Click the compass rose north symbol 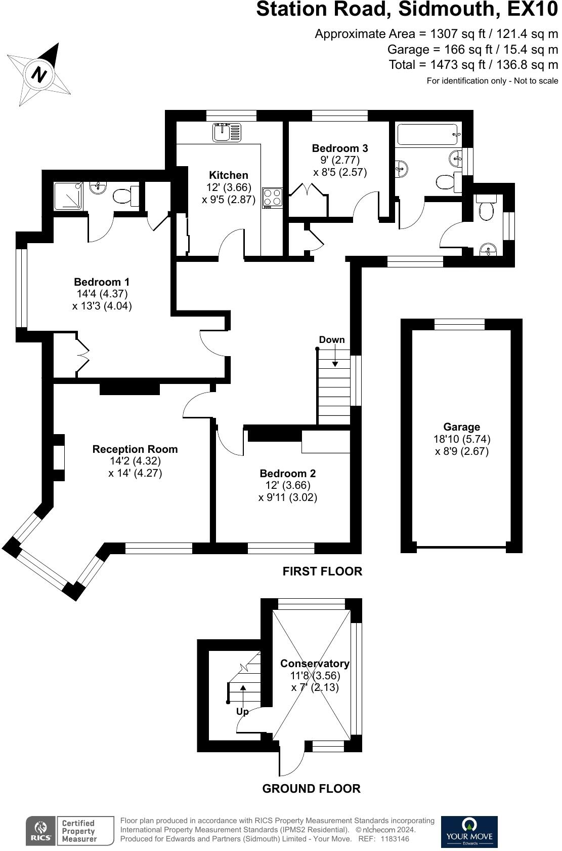39,74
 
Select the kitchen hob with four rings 272,198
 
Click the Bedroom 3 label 340,148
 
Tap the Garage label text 461,427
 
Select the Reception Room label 135,449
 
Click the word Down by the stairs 332,340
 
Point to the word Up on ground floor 242,712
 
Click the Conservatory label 315,664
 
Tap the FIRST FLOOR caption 322,571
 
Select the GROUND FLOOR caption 311,789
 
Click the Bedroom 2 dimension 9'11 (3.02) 288,497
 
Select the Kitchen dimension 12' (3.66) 229,187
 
